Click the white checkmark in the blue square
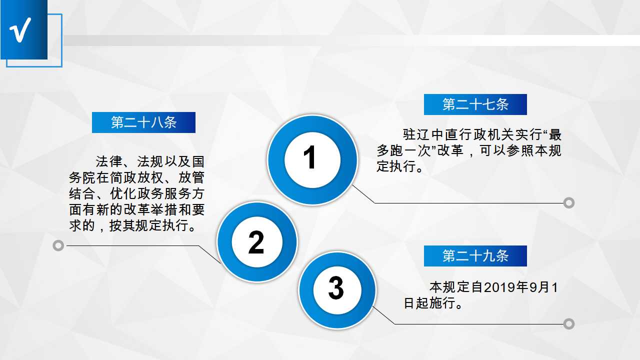coord(20,29)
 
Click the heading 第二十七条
coord(475,104)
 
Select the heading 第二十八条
coord(143,122)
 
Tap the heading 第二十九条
coord(475,255)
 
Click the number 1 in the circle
coord(309,157)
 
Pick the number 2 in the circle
coord(256,242)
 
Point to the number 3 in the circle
coord(336,288)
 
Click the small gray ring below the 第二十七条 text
coord(569,203)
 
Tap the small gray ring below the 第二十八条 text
coord(58,245)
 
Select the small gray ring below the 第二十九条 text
coord(569,323)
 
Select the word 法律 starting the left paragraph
coord(109,161)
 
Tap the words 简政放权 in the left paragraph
coord(136,177)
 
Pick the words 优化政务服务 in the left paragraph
coord(150,193)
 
